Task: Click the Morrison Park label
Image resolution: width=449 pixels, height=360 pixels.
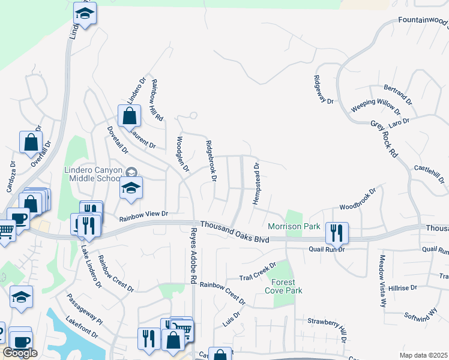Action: point(294,227)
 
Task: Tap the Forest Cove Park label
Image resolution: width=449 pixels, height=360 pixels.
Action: point(283,286)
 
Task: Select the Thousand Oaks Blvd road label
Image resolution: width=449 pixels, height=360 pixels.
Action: point(235,230)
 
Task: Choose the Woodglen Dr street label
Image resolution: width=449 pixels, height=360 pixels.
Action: point(182,154)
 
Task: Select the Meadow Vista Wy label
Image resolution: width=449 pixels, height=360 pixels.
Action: point(382,280)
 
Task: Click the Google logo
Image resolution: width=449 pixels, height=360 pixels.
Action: point(20,353)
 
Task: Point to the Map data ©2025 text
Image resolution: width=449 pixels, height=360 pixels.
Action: point(423,355)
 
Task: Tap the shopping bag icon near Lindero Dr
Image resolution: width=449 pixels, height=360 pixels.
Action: point(129,116)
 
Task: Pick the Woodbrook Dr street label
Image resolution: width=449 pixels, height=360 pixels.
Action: point(358,200)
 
